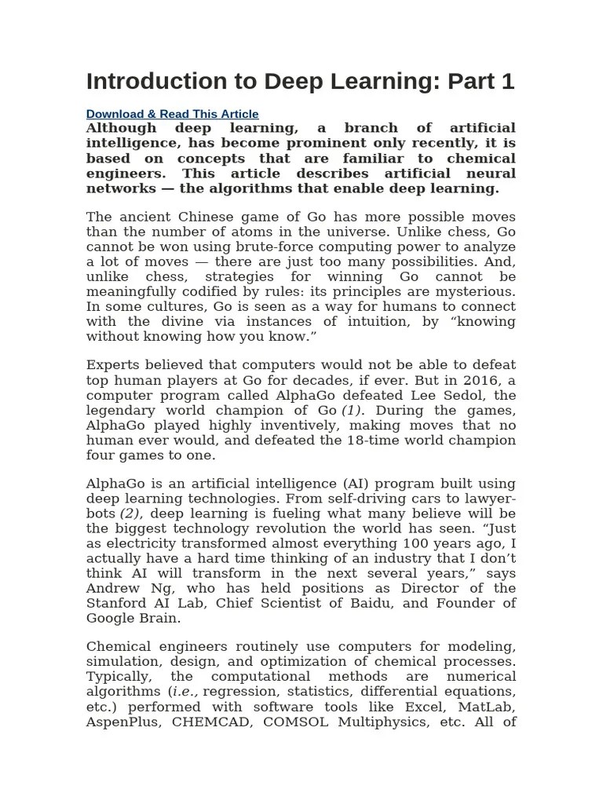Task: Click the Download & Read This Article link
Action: point(172,114)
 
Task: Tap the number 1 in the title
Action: point(506,82)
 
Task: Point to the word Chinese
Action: point(193,217)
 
